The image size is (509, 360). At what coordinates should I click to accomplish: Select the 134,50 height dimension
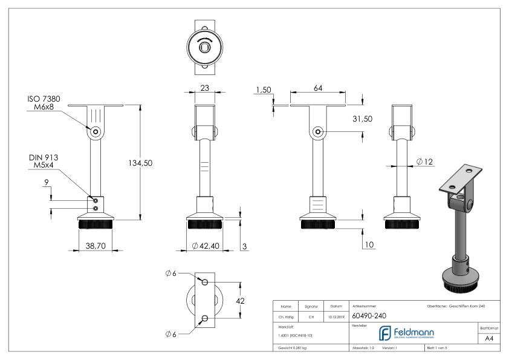point(154,163)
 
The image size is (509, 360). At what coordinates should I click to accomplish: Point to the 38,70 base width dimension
point(97,246)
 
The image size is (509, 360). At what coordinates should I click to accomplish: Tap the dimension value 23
point(204,88)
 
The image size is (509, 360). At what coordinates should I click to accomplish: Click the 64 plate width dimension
point(317,88)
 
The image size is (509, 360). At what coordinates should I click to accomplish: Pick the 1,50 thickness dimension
point(263,90)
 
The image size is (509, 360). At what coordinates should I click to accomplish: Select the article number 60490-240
point(369,315)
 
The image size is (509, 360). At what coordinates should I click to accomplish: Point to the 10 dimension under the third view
point(371,244)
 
